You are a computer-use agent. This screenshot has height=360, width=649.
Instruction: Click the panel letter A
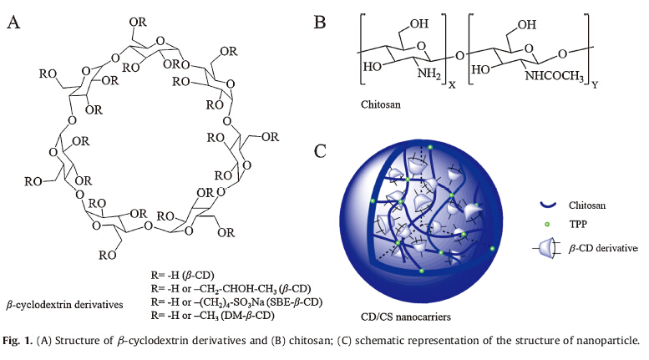click(14, 22)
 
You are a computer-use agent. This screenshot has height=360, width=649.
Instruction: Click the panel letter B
click(319, 23)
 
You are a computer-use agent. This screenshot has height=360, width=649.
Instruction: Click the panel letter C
click(320, 152)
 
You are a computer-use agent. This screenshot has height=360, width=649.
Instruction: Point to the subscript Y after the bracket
click(597, 82)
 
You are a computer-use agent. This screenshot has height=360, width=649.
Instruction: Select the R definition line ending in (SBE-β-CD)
click(243, 301)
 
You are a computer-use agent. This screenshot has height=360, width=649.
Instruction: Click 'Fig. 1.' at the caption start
click(18, 341)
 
